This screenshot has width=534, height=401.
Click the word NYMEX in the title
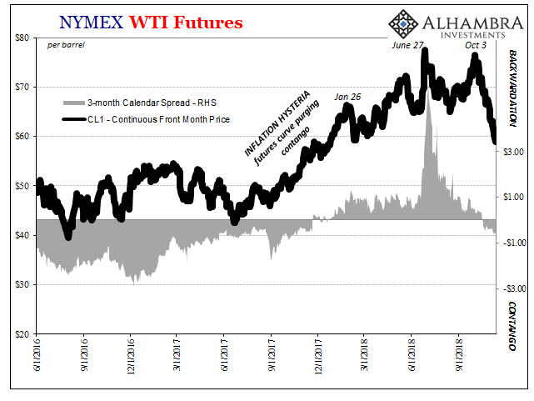91,23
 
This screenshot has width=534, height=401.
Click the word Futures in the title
207,23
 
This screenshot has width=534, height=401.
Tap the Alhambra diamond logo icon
403,24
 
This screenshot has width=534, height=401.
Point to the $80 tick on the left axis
22,38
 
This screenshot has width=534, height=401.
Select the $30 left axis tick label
22,285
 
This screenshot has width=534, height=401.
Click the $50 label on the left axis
22,186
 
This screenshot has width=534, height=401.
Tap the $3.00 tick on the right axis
513,152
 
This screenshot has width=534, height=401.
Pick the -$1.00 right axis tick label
514,243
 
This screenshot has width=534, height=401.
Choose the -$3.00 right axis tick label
514,289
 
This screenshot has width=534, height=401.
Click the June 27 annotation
407,45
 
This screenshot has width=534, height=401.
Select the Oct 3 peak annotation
476,45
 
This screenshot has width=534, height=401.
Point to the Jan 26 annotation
347,97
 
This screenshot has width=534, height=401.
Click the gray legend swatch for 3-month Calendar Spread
74,103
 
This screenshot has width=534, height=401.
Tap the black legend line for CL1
74,119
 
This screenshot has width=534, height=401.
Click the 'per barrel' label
66,45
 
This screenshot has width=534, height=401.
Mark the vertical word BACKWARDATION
512,88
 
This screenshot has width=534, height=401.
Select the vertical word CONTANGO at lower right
512,326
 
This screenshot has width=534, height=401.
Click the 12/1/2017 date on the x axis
317,355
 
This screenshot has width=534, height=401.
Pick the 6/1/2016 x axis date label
37,353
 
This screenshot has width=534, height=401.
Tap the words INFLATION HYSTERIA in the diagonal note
277,123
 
